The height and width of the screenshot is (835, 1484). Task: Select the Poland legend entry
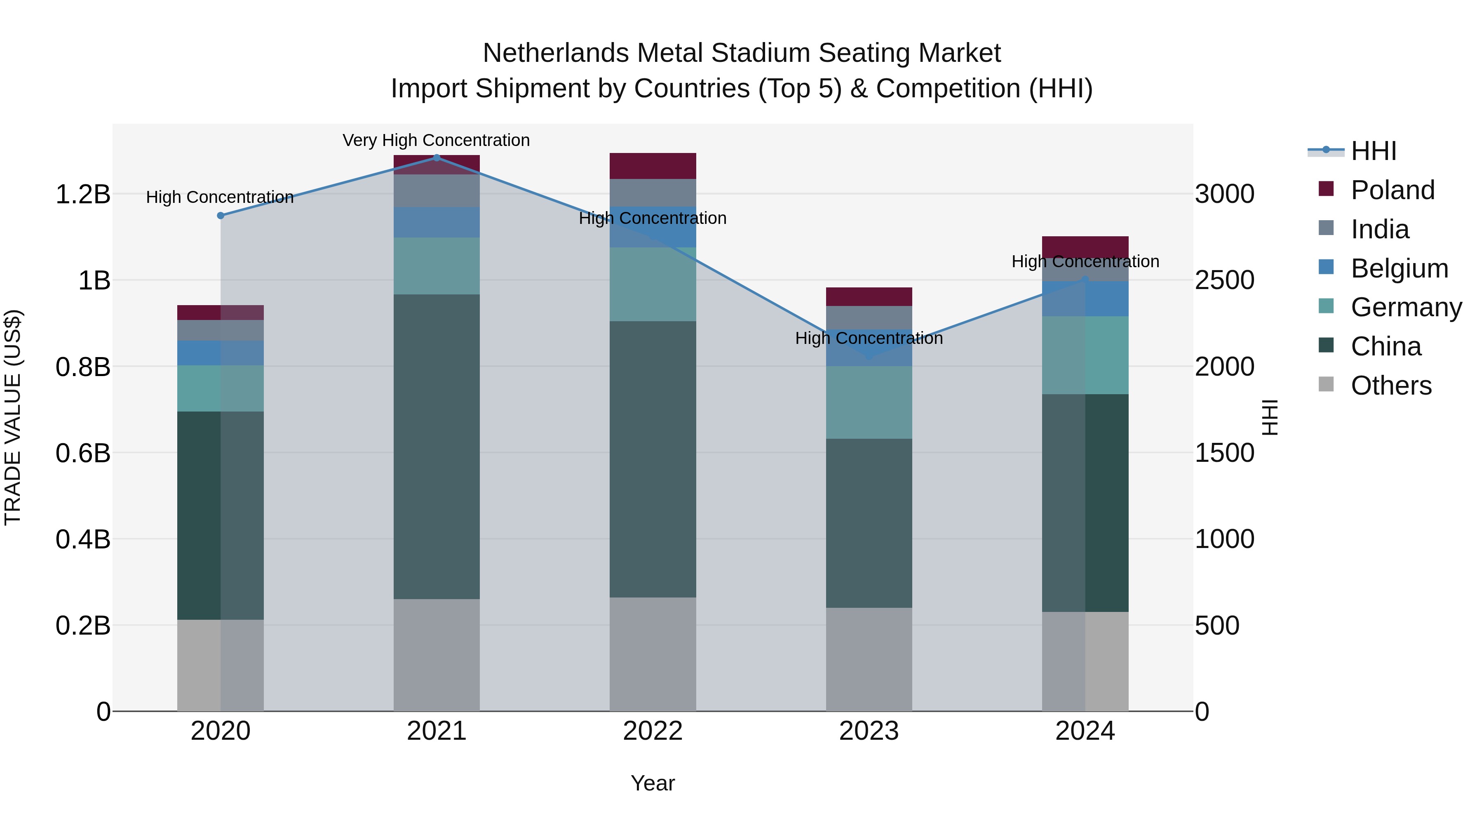tap(1392, 190)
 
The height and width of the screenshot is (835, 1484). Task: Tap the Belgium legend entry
tap(1399, 268)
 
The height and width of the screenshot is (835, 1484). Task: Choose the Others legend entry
tap(1391, 386)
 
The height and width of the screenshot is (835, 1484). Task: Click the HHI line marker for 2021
tap(437, 158)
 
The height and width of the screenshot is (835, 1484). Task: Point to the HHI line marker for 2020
tap(221, 216)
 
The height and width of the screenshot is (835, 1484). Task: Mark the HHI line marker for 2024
tap(1085, 280)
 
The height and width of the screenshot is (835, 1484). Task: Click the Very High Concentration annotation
tap(436, 140)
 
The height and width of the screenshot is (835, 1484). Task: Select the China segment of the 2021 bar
tap(437, 447)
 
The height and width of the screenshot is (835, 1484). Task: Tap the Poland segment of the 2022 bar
tap(653, 166)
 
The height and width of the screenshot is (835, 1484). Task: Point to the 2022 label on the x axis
tap(653, 731)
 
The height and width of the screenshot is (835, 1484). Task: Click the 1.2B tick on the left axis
tap(82, 195)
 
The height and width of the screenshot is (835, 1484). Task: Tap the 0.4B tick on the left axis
tap(82, 539)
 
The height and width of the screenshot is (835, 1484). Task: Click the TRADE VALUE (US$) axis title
tap(13, 417)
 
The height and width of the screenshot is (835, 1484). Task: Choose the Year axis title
tap(653, 783)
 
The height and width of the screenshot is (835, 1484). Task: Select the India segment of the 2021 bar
tap(437, 191)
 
